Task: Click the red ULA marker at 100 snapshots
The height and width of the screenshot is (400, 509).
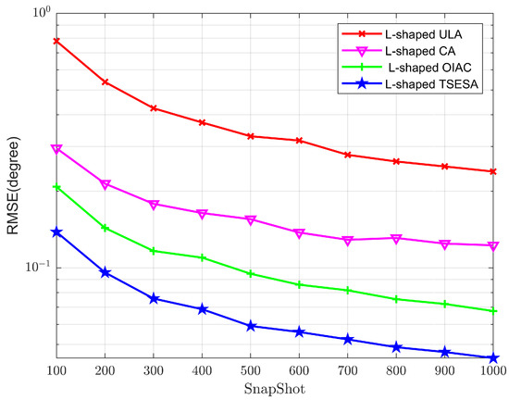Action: tap(56, 41)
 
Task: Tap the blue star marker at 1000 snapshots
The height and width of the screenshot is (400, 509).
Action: tap(493, 357)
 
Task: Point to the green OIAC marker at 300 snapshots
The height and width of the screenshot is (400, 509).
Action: tap(154, 251)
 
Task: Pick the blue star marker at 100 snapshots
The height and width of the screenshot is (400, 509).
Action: tap(56, 232)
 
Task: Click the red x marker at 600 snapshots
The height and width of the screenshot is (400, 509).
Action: tap(299, 141)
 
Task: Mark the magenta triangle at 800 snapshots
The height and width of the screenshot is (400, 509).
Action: tap(396, 239)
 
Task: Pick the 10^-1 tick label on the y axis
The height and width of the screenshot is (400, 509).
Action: tap(35, 268)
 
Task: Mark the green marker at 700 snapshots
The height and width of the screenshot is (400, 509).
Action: tap(348, 291)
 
